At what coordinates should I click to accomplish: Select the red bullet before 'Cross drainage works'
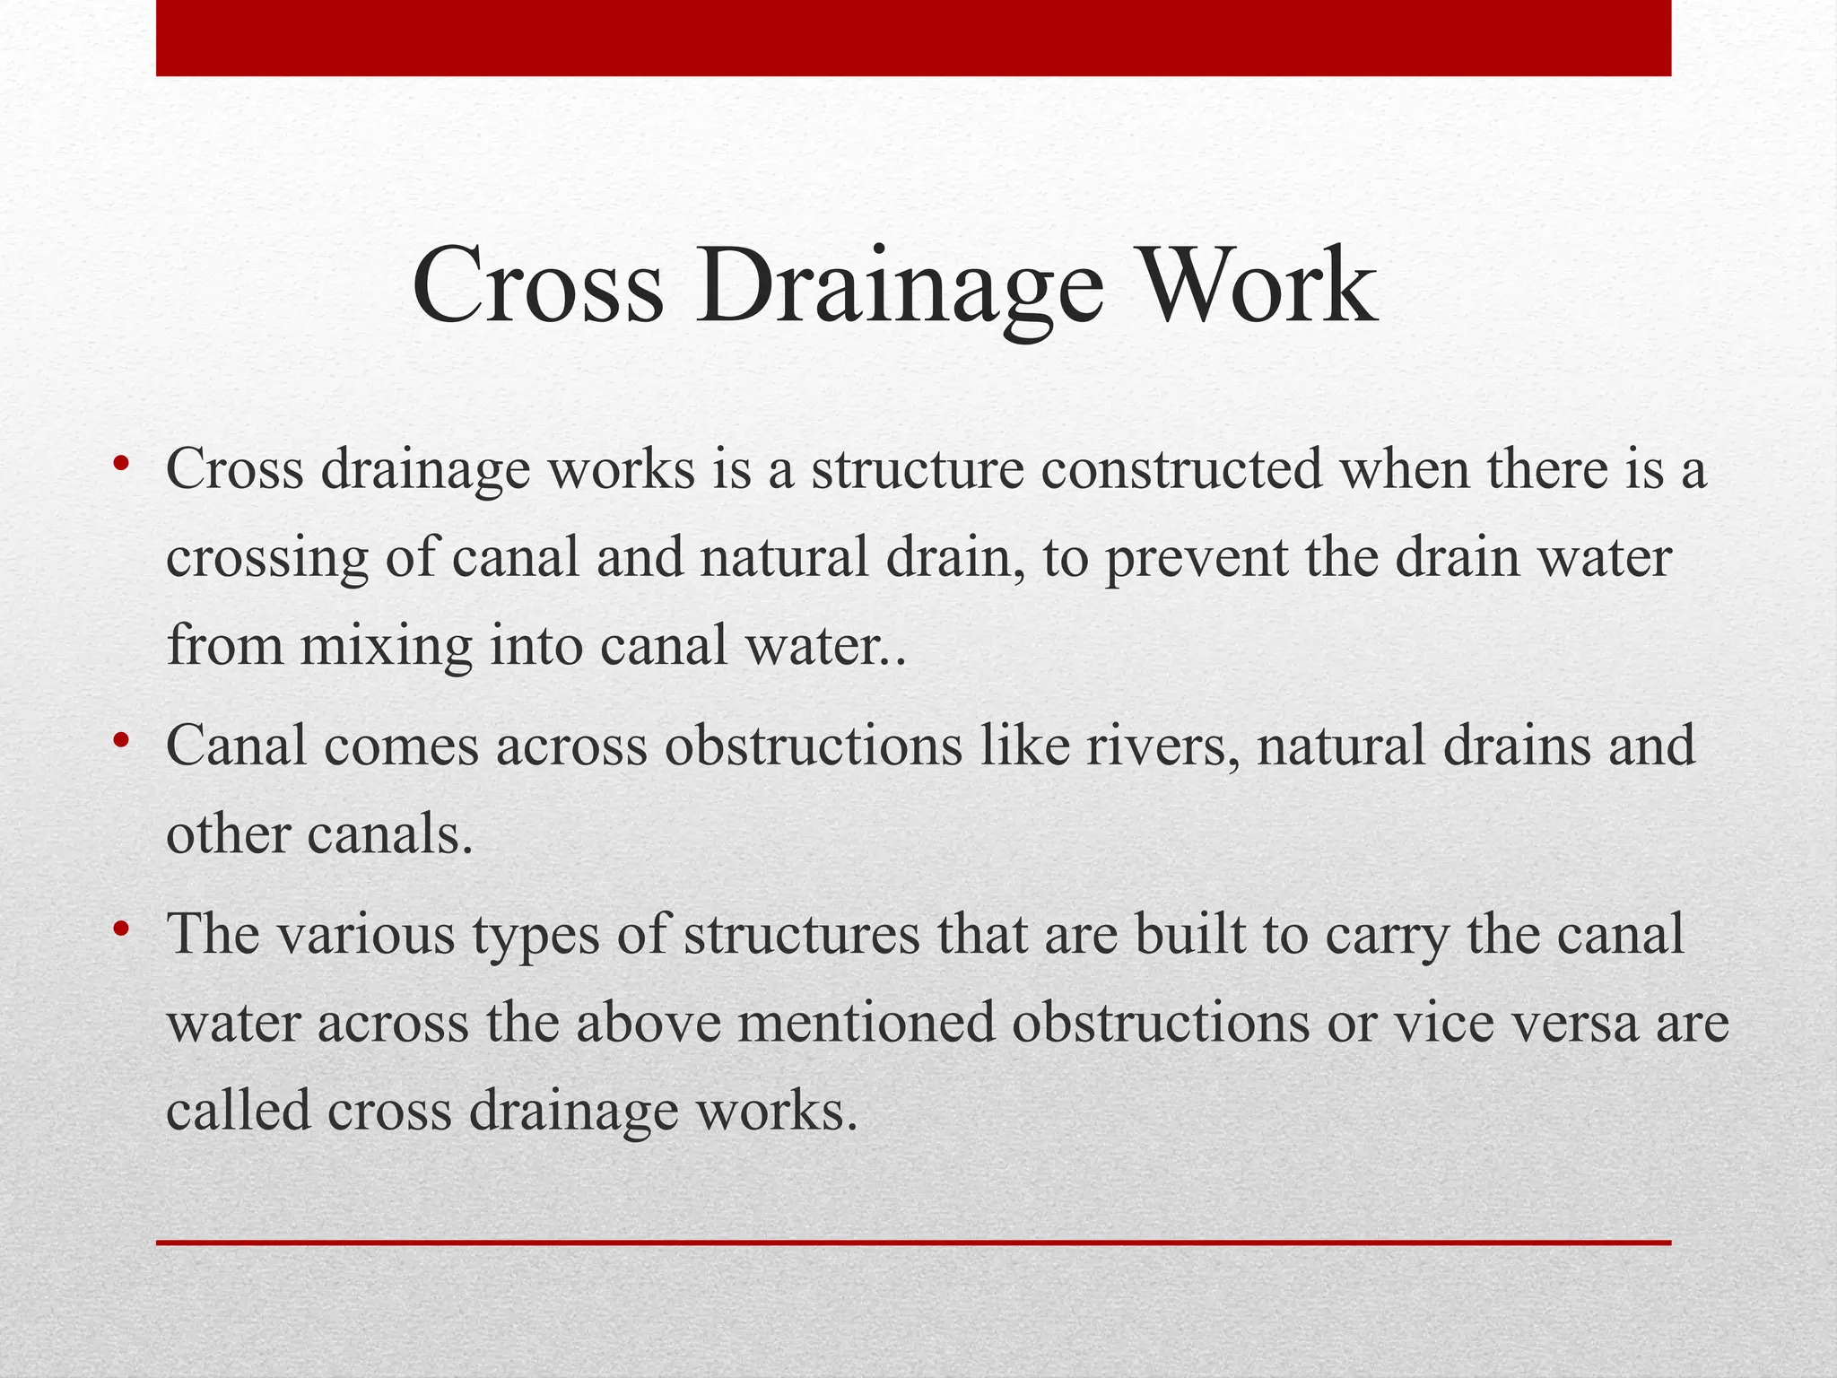[x=120, y=465]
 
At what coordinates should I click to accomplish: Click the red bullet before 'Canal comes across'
[x=120, y=742]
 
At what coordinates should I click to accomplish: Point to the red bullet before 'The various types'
[x=120, y=929]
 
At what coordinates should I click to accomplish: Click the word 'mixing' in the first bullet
[x=386, y=647]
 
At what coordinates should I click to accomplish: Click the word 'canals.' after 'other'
[x=389, y=834]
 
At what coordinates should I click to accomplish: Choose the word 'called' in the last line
[x=238, y=1111]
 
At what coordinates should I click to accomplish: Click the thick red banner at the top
[x=913, y=38]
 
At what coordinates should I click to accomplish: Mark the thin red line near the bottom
[x=913, y=1243]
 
